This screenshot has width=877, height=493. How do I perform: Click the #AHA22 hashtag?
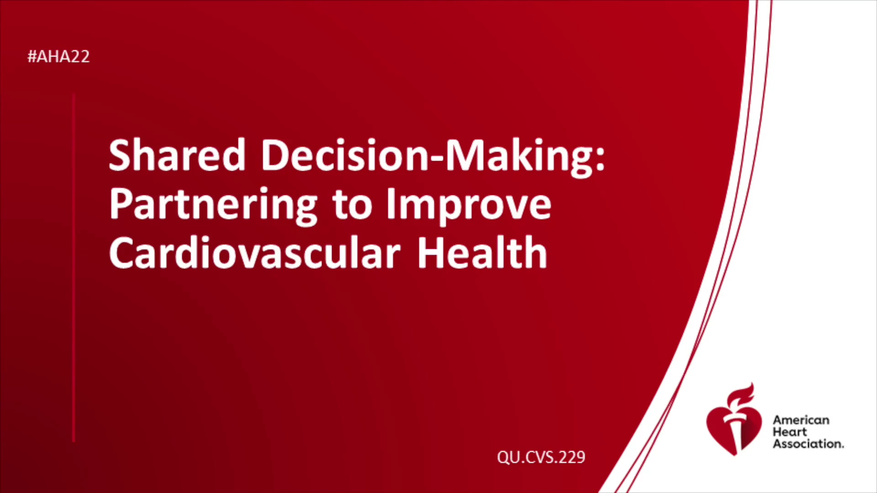[x=58, y=57]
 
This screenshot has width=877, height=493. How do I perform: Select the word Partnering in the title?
[x=213, y=206]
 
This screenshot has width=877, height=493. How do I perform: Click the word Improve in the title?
[x=469, y=206]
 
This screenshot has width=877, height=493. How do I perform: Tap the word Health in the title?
[x=482, y=252]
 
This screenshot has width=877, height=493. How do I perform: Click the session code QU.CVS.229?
[x=541, y=457]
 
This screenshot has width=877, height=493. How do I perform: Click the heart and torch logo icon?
[x=734, y=420]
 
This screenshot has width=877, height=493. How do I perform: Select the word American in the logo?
[x=801, y=420]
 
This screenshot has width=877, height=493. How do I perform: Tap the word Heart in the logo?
[x=790, y=432]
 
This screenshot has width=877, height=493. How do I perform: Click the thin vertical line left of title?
[x=74, y=268]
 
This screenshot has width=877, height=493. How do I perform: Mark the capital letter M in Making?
[x=465, y=155]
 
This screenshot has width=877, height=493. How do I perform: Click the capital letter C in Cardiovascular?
[x=123, y=252]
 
